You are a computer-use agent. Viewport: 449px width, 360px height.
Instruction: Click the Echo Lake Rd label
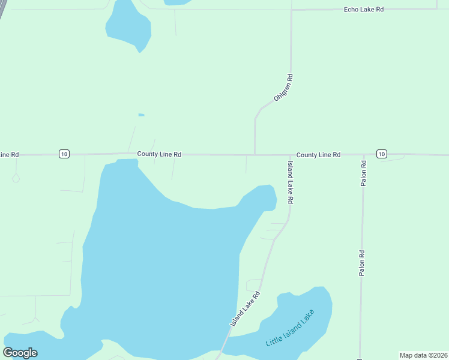tap(364, 10)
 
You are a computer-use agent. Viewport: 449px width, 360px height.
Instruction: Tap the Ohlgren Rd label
tap(283, 88)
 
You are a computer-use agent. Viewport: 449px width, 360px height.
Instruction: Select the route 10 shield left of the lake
tap(64, 154)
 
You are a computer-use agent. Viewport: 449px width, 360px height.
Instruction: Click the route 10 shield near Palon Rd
tap(382, 154)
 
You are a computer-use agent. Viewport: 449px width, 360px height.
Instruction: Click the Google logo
tap(20, 353)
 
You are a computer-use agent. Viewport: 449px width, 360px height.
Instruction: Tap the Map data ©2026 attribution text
tap(423, 355)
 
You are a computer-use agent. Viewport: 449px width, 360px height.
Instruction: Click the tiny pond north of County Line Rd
tap(141, 115)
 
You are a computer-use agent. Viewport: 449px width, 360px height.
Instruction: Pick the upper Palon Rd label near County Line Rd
tap(363, 173)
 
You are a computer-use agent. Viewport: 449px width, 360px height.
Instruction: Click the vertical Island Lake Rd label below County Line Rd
tap(290, 183)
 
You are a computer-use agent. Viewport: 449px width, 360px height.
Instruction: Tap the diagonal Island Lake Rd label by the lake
tap(246, 310)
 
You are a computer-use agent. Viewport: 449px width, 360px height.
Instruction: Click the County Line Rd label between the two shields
tap(159, 154)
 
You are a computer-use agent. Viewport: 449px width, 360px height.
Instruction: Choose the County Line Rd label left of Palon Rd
tap(318, 155)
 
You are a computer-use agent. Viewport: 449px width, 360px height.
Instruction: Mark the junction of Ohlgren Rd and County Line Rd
tap(255, 154)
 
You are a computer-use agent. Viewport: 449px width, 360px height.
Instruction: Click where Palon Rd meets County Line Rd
tap(363, 155)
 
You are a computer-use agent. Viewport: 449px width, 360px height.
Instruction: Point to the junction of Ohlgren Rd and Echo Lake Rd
tap(291, 10)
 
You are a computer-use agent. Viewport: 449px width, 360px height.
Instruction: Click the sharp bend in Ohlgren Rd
tap(256, 115)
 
